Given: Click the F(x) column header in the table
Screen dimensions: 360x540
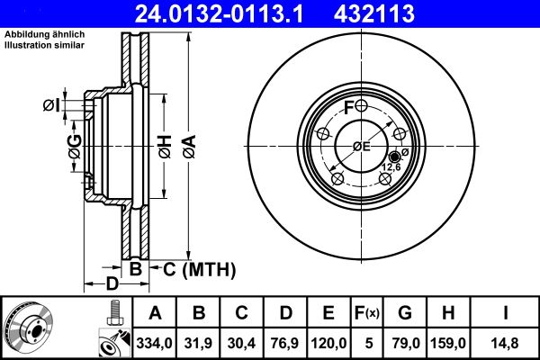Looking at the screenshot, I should (x=367, y=313).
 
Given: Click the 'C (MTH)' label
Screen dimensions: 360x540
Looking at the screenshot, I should (x=199, y=268).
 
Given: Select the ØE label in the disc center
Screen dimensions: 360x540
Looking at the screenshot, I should (x=362, y=146).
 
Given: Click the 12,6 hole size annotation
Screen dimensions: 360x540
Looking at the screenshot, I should (x=392, y=166).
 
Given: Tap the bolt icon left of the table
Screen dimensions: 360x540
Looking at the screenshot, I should (x=112, y=312).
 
